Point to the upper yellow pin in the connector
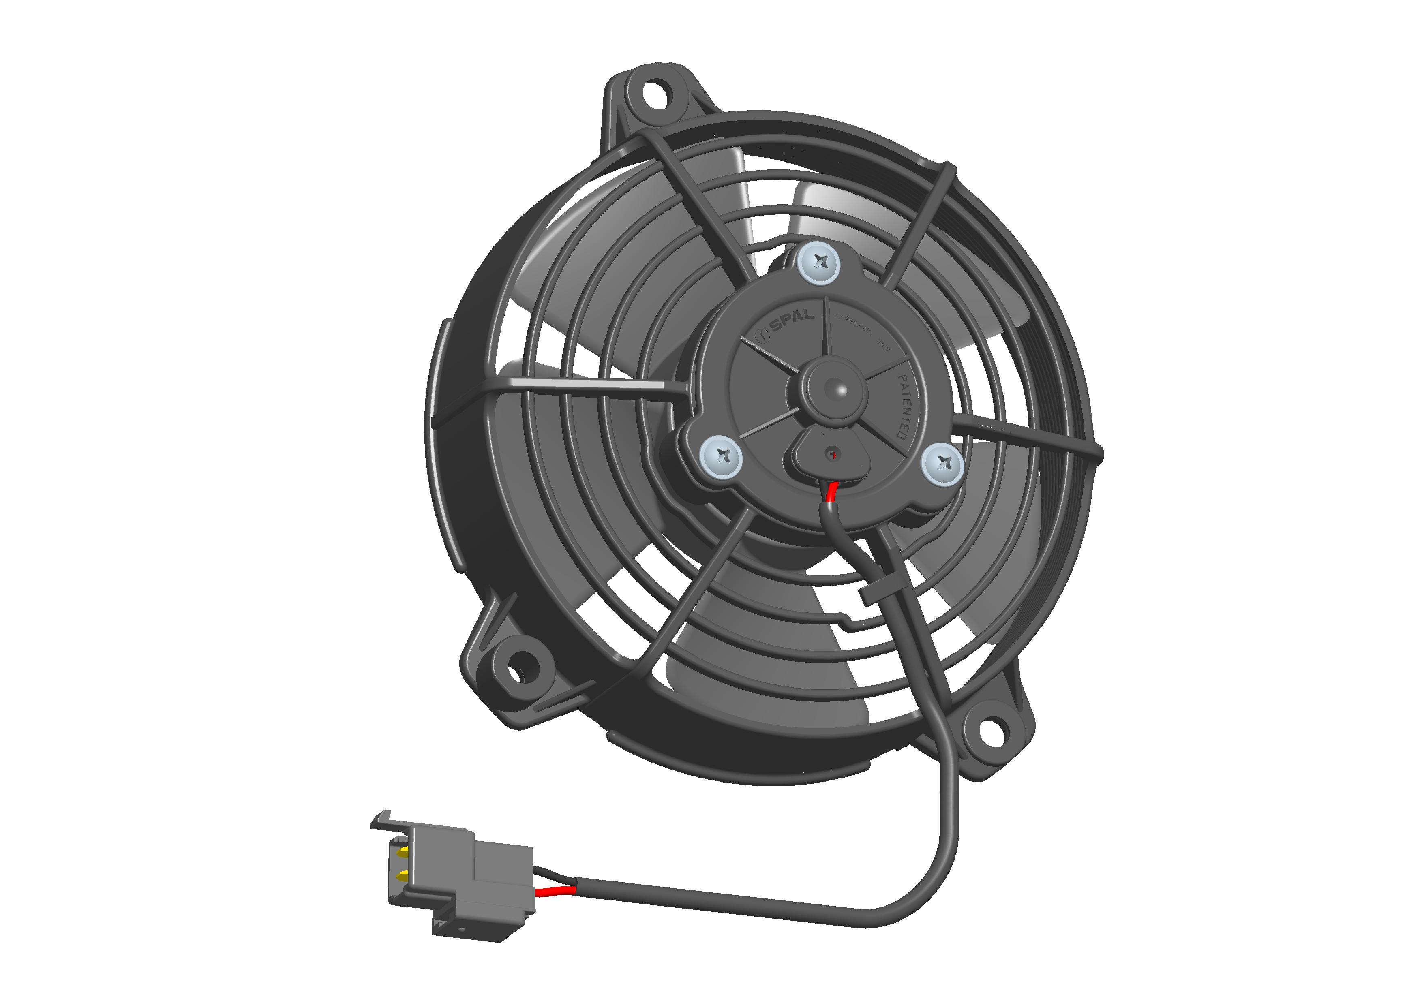point(403,852)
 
